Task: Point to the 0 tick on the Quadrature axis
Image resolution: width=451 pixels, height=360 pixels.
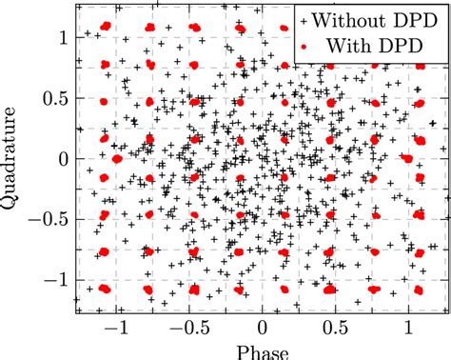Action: tap(64, 159)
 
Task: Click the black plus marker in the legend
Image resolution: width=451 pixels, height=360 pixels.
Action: tap(303, 19)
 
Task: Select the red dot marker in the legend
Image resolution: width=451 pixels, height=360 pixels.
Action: tap(303, 44)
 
